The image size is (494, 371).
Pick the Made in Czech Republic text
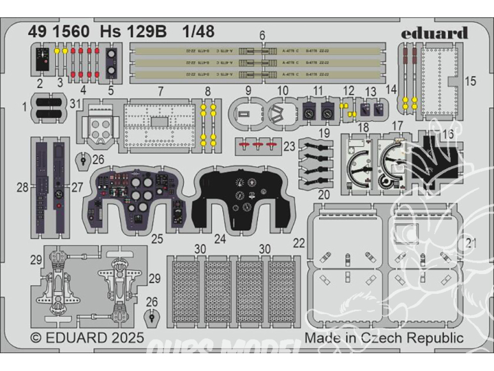[384, 337]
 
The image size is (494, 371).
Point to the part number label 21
[470, 242]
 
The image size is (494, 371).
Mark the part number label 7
[161, 91]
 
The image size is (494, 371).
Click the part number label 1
[24, 107]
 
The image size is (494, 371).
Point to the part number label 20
[324, 194]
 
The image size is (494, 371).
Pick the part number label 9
[248, 91]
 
